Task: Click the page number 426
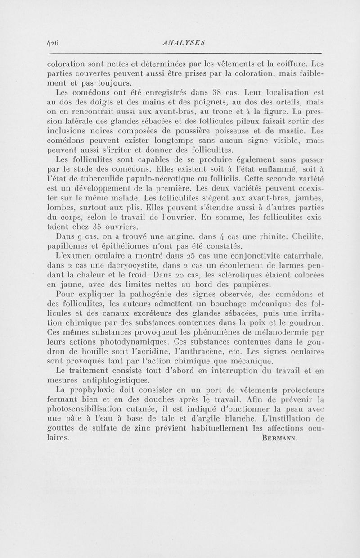pos(54,44)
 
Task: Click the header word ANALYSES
pos(179,44)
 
